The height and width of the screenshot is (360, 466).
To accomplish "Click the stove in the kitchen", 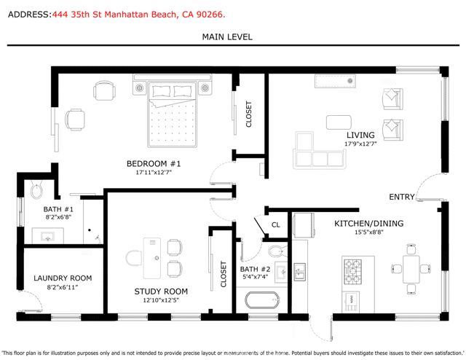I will pos(352,270).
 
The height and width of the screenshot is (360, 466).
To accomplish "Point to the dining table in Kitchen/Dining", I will pos(411,268).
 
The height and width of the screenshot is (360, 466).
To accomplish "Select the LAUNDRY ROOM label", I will pos(63,278).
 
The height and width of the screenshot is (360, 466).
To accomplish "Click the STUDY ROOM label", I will pos(161,291).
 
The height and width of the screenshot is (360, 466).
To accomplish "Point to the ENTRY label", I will pos(402,197).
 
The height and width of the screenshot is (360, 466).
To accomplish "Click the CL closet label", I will pos(275,225).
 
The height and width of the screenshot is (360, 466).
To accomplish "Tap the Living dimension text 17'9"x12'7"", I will pos(360,144).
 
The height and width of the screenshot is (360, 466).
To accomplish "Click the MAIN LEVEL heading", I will pos(227,36).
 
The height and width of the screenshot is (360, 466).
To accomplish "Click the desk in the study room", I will pos(151,258).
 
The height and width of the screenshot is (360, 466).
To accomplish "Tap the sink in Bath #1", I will pos(49,237).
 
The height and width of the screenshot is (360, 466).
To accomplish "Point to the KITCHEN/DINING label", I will pos(368,224).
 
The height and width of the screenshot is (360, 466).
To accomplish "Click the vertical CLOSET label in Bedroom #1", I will pos(249,114).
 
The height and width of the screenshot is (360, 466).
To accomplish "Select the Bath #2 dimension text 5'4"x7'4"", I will pos(255,277).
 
